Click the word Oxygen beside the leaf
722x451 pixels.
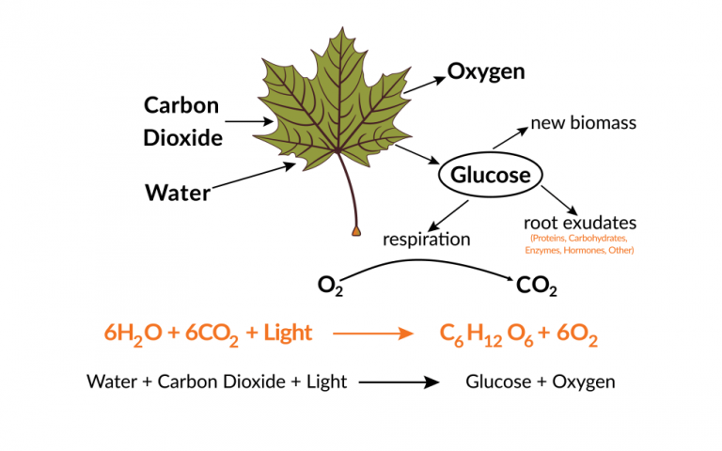click(x=486, y=72)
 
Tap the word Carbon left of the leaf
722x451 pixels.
click(x=181, y=105)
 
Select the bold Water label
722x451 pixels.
click(x=178, y=193)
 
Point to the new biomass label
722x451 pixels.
click(x=584, y=123)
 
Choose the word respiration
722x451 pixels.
click(x=427, y=240)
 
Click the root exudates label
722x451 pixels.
click(x=580, y=223)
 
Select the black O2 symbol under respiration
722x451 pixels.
click(x=330, y=286)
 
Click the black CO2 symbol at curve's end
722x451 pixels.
click(x=537, y=287)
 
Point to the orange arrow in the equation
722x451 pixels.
click(x=373, y=334)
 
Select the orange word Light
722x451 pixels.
click(x=288, y=333)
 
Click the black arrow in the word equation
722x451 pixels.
click(x=399, y=382)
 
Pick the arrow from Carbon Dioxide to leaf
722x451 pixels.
click(x=249, y=121)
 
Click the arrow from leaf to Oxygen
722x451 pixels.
click(x=425, y=86)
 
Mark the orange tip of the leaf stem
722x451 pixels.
click(x=356, y=231)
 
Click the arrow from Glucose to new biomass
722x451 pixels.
click(x=510, y=138)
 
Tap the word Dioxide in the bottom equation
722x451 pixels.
click(x=255, y=382)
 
